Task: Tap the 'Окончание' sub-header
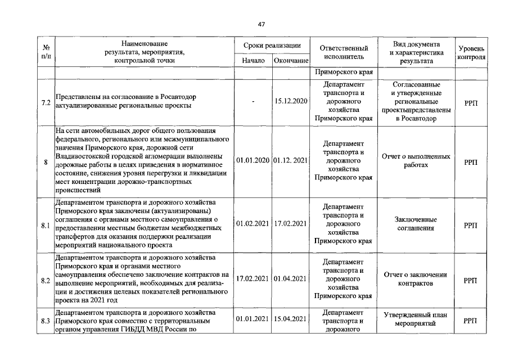291,60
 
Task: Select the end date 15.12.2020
291,101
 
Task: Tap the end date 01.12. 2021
291,161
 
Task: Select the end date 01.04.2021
291,278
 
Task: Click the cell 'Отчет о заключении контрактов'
416,279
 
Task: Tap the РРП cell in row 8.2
470,280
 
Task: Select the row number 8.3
46,321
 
